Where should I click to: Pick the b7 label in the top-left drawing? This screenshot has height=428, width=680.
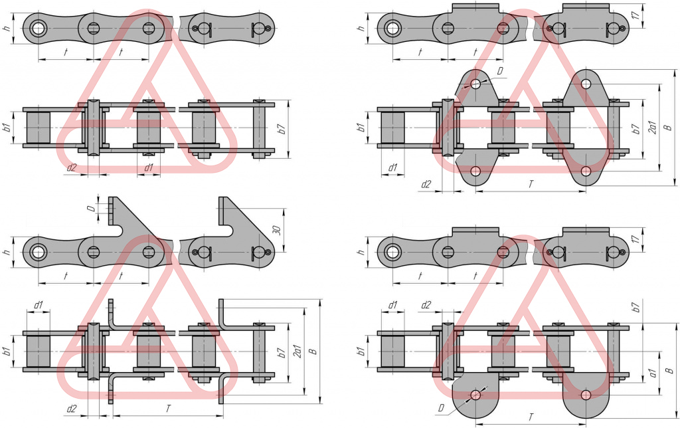[282, 130]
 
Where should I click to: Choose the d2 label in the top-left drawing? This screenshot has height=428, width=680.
[71, 167]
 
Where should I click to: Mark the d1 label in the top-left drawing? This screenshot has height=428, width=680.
[149, 167]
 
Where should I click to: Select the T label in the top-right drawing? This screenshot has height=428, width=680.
[531, 184]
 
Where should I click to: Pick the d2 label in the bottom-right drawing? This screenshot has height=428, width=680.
[426, 305]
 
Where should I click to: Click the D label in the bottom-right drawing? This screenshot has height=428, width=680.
[440, 406]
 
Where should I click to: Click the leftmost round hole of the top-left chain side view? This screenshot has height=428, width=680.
[38, 28]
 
